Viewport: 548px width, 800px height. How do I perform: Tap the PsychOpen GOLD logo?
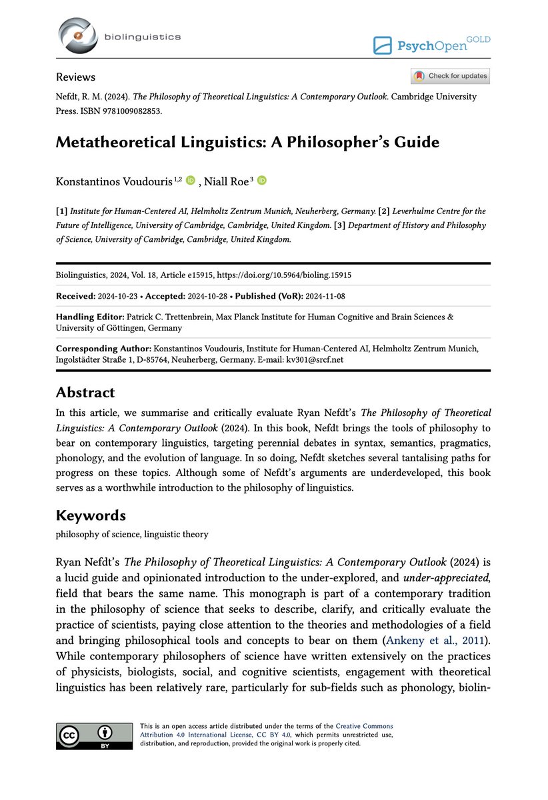click(431, 45)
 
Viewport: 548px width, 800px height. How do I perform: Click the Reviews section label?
click(75, 77)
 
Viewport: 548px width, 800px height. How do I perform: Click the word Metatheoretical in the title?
click(123, 142)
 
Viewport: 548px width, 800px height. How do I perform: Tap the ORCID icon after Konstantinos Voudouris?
click(191, 179)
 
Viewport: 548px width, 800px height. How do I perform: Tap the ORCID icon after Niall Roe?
click(261, 179)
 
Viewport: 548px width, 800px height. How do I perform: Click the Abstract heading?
click(85, 392)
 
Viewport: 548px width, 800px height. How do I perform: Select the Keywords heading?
click(91, 515)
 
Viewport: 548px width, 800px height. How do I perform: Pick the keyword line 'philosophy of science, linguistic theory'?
click(132, 535)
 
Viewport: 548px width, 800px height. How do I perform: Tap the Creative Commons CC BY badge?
click(94, 736)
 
